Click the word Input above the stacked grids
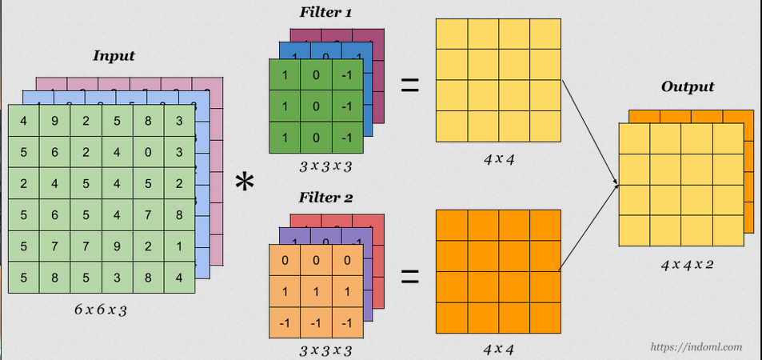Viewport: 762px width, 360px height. click(x=114, y=56)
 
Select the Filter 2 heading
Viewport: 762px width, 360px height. click(x=325, y=198)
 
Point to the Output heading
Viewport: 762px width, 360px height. click(x=688, y=86)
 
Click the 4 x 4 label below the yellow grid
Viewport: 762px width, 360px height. click(x=499, y=158)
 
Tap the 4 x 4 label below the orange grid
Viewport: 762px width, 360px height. click(x=499, y=349)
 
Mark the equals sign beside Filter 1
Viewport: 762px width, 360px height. click(x=409, y=84)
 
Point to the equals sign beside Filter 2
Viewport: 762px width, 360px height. click(x=409, y=276)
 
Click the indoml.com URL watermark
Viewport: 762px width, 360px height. click(x=696, y=347)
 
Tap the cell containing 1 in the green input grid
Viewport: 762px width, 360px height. click(x=181, y=245)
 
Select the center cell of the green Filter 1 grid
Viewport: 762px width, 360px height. click(x=317, y=107)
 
